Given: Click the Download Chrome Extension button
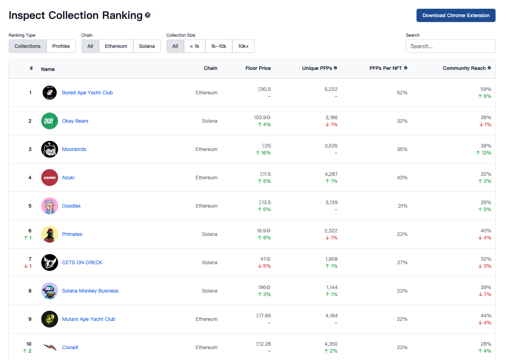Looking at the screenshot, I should (x=456, y=15).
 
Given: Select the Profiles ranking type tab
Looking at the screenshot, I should (x=61, y=46).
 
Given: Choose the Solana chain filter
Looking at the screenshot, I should (x=147, y=46).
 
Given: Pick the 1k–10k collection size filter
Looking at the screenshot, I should (x=219, y=46).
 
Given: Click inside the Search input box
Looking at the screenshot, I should (x=450, y=46).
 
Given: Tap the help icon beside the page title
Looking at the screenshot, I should (x=148, y=15).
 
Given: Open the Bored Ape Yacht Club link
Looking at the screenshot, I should (x=87, y=93).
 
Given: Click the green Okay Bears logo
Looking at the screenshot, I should (x=50, y=121).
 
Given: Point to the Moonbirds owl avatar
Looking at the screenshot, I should (x=50, y=149).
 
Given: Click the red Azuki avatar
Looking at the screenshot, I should (x=50, y=178).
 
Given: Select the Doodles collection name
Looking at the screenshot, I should (x=71, y=206).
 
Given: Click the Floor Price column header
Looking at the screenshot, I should (x=258, y=68).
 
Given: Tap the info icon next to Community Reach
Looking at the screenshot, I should (x=489, y=68).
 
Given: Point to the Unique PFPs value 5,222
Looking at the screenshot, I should (x=331, y=89).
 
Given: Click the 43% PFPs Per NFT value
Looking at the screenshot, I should (x=402, y=178).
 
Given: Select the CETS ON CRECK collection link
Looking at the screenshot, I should (x=82, y=262).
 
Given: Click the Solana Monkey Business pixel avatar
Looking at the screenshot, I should (x=50, y=291).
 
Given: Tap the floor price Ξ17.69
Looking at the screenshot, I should (x=263, y=316).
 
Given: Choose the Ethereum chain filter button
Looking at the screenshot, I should (x=116, y=46).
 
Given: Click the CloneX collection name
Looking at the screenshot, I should (x=70, y=347).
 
